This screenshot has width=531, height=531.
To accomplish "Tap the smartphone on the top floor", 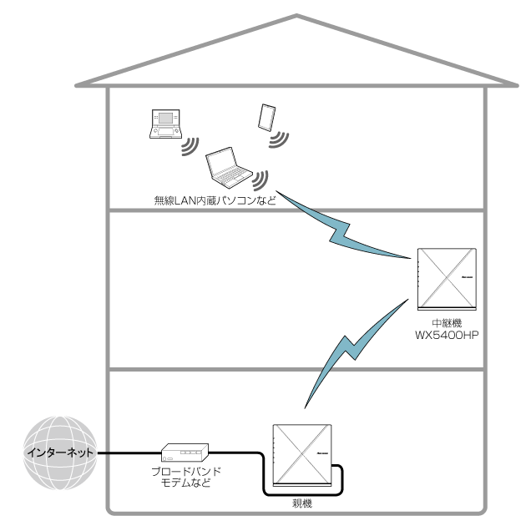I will coord(267,116).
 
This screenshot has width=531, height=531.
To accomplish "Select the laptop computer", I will coord(228,167).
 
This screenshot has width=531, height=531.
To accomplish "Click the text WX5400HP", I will coord(445,335).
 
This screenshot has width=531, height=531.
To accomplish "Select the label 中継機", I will coord(445,322).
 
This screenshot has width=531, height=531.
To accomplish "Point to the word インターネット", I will coord(59,453).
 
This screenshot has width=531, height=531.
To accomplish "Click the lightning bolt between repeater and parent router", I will coord(343,346).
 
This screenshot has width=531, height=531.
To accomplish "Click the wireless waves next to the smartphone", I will coord(277,137).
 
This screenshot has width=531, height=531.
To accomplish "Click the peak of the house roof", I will coord(296,16).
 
